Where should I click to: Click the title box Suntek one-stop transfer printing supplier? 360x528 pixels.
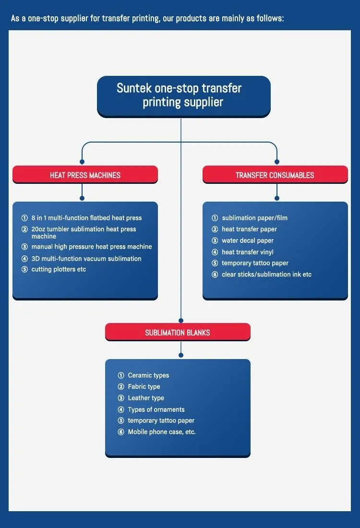point(183,96)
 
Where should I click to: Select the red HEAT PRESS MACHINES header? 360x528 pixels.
point(85,175)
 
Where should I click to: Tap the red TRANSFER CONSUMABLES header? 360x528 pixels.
point(275,175)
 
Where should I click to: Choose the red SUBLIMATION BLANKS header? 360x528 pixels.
point(178,332)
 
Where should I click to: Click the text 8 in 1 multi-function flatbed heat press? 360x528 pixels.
point(86,218)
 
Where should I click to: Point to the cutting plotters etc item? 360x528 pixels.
point(59,269)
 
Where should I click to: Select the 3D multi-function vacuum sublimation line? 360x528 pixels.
point(86,258)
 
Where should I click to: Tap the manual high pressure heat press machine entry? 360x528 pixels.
point(92,247)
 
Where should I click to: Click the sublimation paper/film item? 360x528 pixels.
point(254,218)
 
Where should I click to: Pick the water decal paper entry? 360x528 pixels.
point(248,240)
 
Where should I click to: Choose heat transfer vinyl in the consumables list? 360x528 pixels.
point(248,252)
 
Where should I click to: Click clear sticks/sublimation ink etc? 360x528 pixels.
point(266,275)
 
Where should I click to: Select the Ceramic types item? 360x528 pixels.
point(148,375)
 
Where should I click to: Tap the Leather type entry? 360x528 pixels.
point(146,398)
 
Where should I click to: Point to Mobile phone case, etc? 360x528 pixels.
point(162,432)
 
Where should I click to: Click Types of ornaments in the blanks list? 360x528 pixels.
point(156,409)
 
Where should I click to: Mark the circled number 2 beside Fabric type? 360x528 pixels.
point(121,387)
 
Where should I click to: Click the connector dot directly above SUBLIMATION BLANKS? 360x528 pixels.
point(181,320)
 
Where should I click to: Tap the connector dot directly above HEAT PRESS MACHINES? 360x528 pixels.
point(82,162)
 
